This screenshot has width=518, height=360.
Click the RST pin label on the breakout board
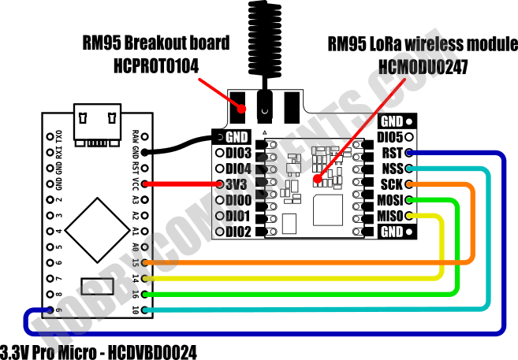391,153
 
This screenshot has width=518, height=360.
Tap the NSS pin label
391,169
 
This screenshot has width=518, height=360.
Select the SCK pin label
391,184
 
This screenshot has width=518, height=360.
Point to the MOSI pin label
389,200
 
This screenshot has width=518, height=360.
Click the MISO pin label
389,216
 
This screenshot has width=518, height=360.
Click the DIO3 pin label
238,153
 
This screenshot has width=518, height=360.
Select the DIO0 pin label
238,200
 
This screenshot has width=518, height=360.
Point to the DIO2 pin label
238,232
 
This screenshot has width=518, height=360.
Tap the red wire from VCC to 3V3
181,184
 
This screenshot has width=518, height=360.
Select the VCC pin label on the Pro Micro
136,184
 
